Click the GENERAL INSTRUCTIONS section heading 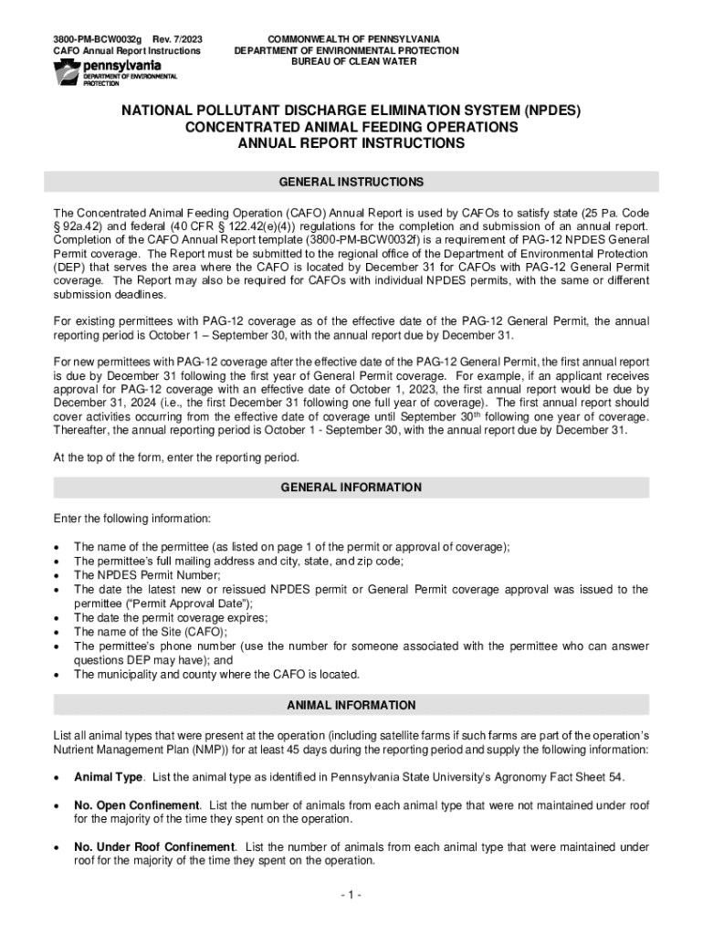coord(351,182)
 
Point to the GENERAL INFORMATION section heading coord(351,488)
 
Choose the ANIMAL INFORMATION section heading coord(351,705)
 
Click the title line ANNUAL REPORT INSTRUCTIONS coord(351,144)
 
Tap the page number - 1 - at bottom coord(351,895)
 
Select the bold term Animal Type coord(108,777)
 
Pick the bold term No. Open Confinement coord(136,804)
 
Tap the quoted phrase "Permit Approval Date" coord(162,604)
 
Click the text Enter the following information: coord(131,519)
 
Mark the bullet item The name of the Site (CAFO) coord(151,632)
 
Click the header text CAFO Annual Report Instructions coord(127,51)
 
